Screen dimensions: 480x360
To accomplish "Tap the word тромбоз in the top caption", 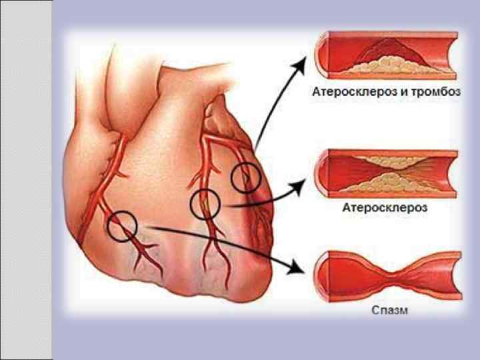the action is [435, 93].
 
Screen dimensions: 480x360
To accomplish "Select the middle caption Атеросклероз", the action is [385, 208].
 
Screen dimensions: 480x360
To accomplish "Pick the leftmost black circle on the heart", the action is [122, 226].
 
